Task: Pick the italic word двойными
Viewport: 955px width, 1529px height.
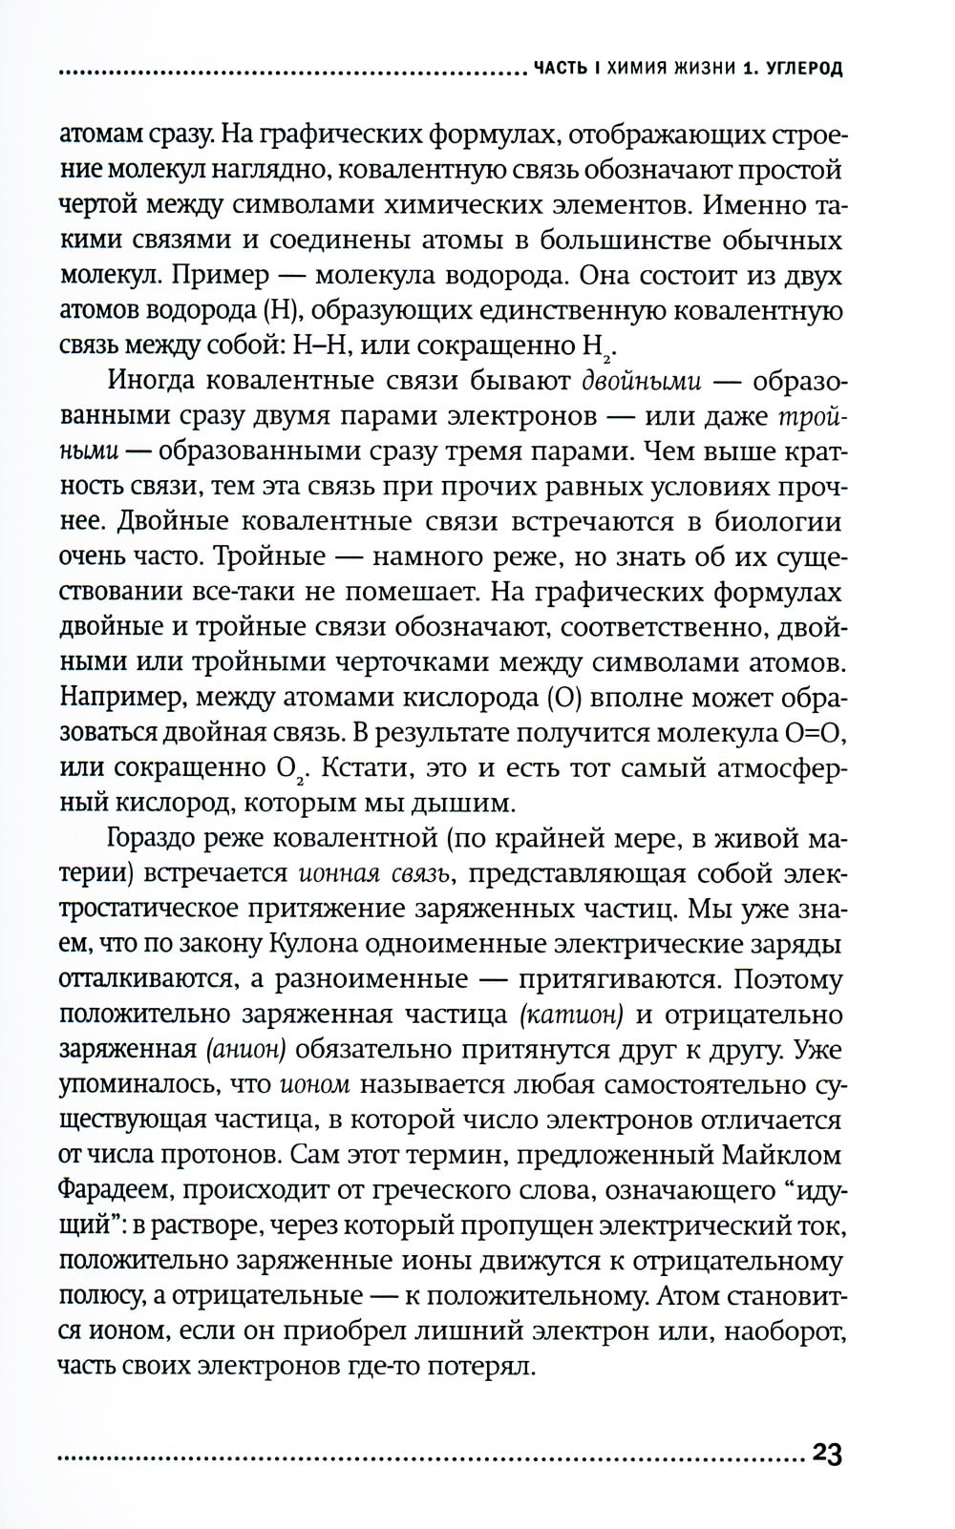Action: (x=642, y=380)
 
